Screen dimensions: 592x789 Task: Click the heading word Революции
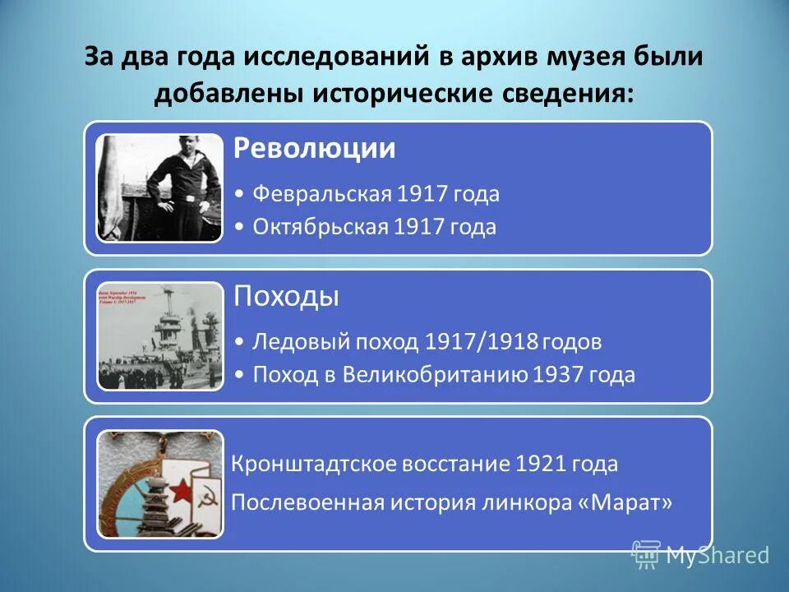314,149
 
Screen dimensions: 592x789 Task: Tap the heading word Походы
286,296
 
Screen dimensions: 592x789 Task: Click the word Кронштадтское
312,465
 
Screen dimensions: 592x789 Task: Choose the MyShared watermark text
717,556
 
